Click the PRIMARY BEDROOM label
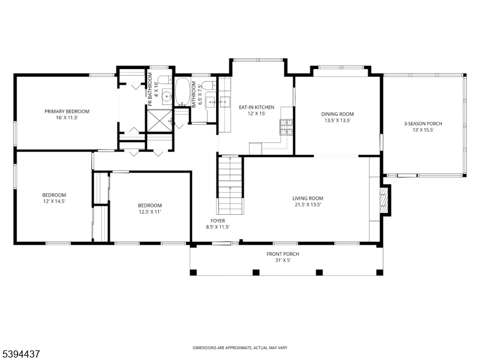click(67, 112)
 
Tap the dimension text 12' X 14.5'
click(54, 201)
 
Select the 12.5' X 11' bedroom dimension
click(149, 211)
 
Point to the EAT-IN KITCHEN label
click(256, 107)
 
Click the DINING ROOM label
click(337, 114)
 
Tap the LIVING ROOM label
click(308, 198)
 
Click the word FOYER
click(217, 220)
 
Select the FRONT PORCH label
click(283, 254)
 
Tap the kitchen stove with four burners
click(285, 127)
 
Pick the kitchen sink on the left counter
click(226, 101)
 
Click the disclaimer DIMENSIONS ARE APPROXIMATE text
click(239, 347)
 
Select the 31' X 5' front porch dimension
click(283, 260)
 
